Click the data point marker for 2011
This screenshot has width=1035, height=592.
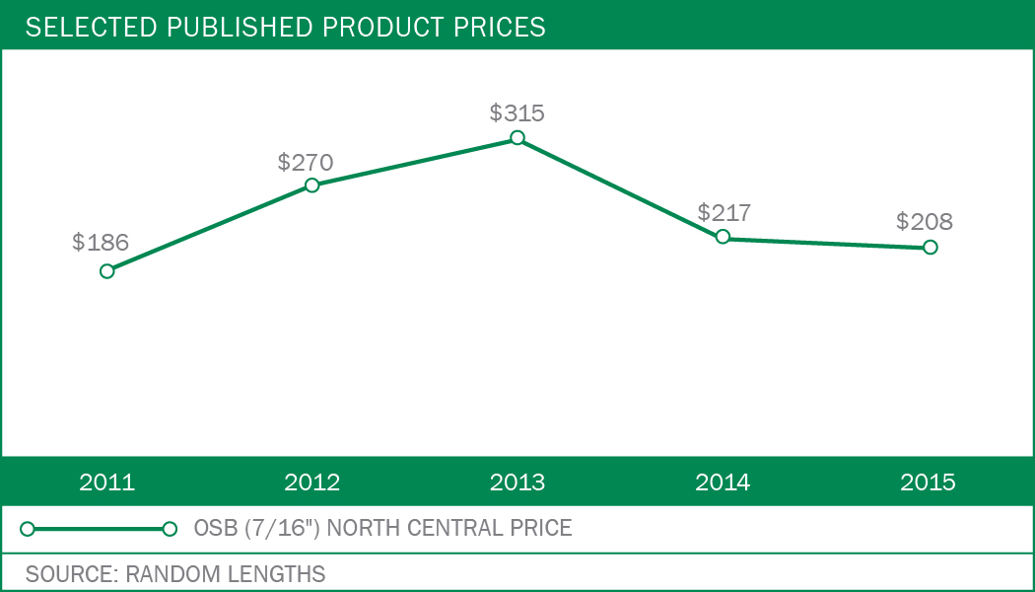tap(107, 270)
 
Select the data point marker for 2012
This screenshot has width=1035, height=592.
tap(311, 185)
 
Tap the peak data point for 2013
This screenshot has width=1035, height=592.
tap(517, 138)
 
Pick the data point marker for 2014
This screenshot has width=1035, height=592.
tap(723, 237)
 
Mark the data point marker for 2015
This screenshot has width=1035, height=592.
tap(929, 247)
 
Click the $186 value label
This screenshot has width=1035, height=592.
tap(101, 243)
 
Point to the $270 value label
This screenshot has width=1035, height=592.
tap(306, 162)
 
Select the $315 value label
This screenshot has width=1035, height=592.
tap(517, 112)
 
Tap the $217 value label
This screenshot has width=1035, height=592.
tap(724, 212)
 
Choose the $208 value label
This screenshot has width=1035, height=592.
tap(925, 221)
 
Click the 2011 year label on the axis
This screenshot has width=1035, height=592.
tap(107, 482)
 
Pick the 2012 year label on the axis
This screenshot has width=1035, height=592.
tap(311, 482)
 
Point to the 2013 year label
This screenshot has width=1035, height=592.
tap(517, 482)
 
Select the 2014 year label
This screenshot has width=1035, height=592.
tap(723, 482)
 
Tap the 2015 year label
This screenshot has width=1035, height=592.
tap(928, 482)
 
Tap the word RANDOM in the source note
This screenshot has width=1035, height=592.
tap(168, 573)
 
